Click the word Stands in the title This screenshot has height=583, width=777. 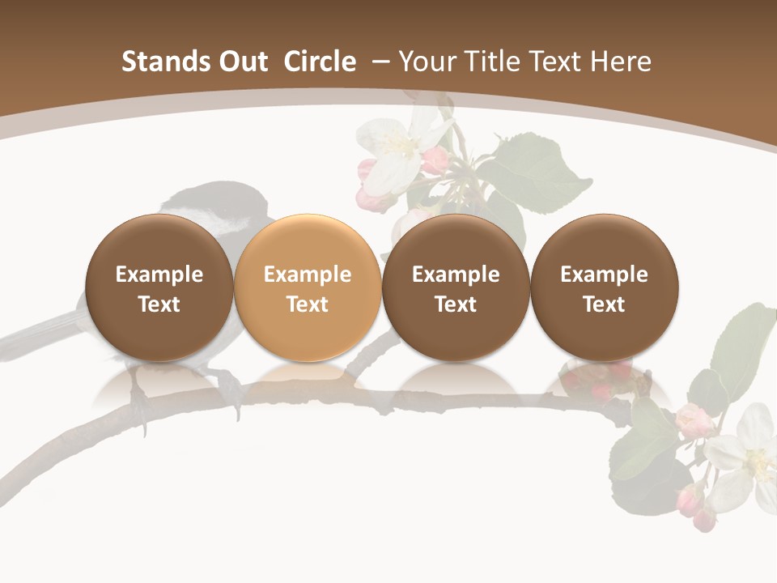tap(155, 62)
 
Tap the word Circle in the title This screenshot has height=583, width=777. tap(320, 62)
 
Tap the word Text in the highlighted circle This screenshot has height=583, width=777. tap(308, 304)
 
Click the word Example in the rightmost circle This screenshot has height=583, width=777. tap(605, 274)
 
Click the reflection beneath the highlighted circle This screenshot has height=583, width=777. tap(308, 381)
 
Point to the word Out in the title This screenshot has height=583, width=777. tap(240, 62)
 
